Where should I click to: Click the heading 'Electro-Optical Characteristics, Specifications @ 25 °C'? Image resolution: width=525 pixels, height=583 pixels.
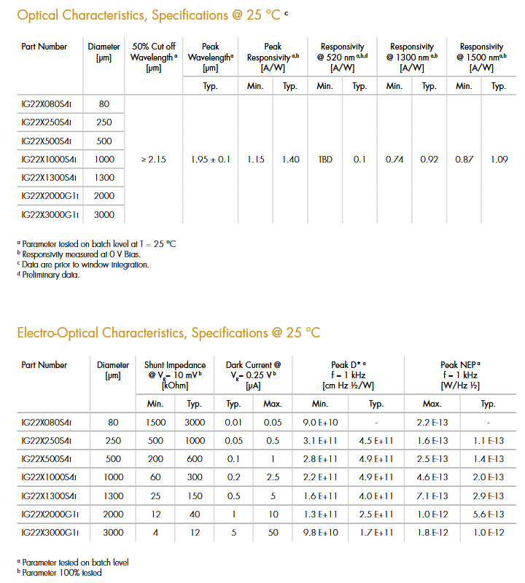[x=168, y=333]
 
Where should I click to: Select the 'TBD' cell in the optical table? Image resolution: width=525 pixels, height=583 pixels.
[x=324, y=160]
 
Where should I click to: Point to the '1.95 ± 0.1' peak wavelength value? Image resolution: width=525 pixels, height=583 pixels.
[x=210, y=160]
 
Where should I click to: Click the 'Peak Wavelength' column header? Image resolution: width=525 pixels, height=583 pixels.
[x=210, y=57]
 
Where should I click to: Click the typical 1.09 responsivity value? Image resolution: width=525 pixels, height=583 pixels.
[x=499, y=160]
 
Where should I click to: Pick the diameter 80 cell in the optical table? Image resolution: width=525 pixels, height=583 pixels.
[x=104, y=104]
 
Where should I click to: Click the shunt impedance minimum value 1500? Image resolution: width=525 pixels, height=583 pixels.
[x=155, y=422]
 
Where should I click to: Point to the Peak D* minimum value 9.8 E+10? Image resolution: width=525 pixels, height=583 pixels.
[x=320, y=533]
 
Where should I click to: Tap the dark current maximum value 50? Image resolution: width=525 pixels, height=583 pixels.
[x=273, y=533]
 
